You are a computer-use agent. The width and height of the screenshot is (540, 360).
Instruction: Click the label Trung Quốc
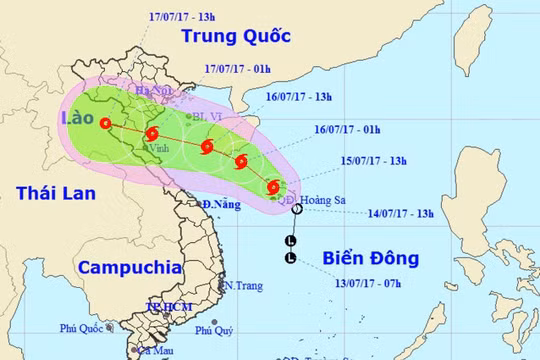tap(235, 37)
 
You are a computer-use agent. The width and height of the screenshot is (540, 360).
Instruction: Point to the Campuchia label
tap(129, 268)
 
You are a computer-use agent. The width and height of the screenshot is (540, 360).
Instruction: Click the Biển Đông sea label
tap(371, 259)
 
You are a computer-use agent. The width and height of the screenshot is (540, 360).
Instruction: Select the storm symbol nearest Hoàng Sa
tap(274, 186)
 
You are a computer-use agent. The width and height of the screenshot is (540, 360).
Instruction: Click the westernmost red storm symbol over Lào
tap(107, 123)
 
